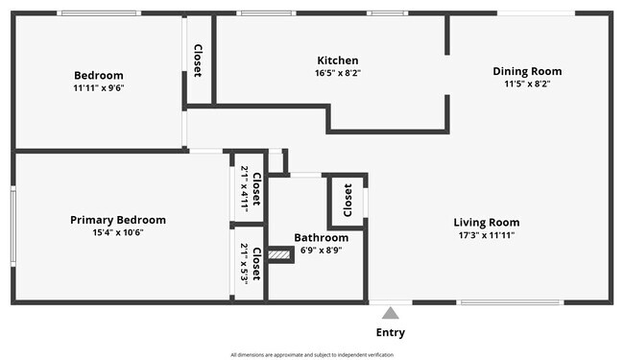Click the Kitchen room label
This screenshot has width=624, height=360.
(x=337, y=60)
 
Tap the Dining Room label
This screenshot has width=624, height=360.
(x=527, y=71)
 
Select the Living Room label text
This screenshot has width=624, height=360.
(x=486, y=223)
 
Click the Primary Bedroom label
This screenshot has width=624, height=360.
(x=118, y=220)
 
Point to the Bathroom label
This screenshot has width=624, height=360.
(x=321, y=237)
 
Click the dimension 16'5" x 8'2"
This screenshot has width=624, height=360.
(x=337, y=73)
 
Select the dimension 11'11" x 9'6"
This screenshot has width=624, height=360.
(x=99, y=87)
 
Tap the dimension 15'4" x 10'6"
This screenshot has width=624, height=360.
(x=118, y=232)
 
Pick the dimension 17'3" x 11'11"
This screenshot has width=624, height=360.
(x=486, y=235)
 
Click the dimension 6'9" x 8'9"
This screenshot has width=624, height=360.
(x=321, y=250)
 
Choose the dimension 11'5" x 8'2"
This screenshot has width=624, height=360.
(x=527, y=84)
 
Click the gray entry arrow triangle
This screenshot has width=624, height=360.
(x=390, y=313)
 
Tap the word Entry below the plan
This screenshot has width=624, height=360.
(x=390, y=333)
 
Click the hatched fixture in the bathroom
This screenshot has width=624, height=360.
(x=279, y=254)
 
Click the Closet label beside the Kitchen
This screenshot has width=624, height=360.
(x=199, y=60)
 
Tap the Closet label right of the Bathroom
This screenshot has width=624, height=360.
(x=348, y=201)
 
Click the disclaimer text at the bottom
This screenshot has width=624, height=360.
(x=312, y=354)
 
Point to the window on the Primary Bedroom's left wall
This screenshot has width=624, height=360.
(x=12, y=227)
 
